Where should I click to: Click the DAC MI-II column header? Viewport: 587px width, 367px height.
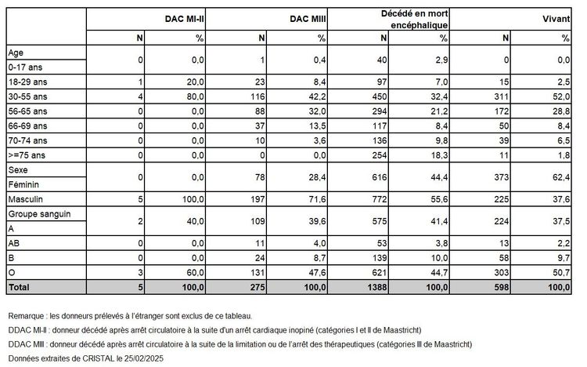[x=185, y=18]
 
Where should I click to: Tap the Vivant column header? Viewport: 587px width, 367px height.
[x=557, y=18]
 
